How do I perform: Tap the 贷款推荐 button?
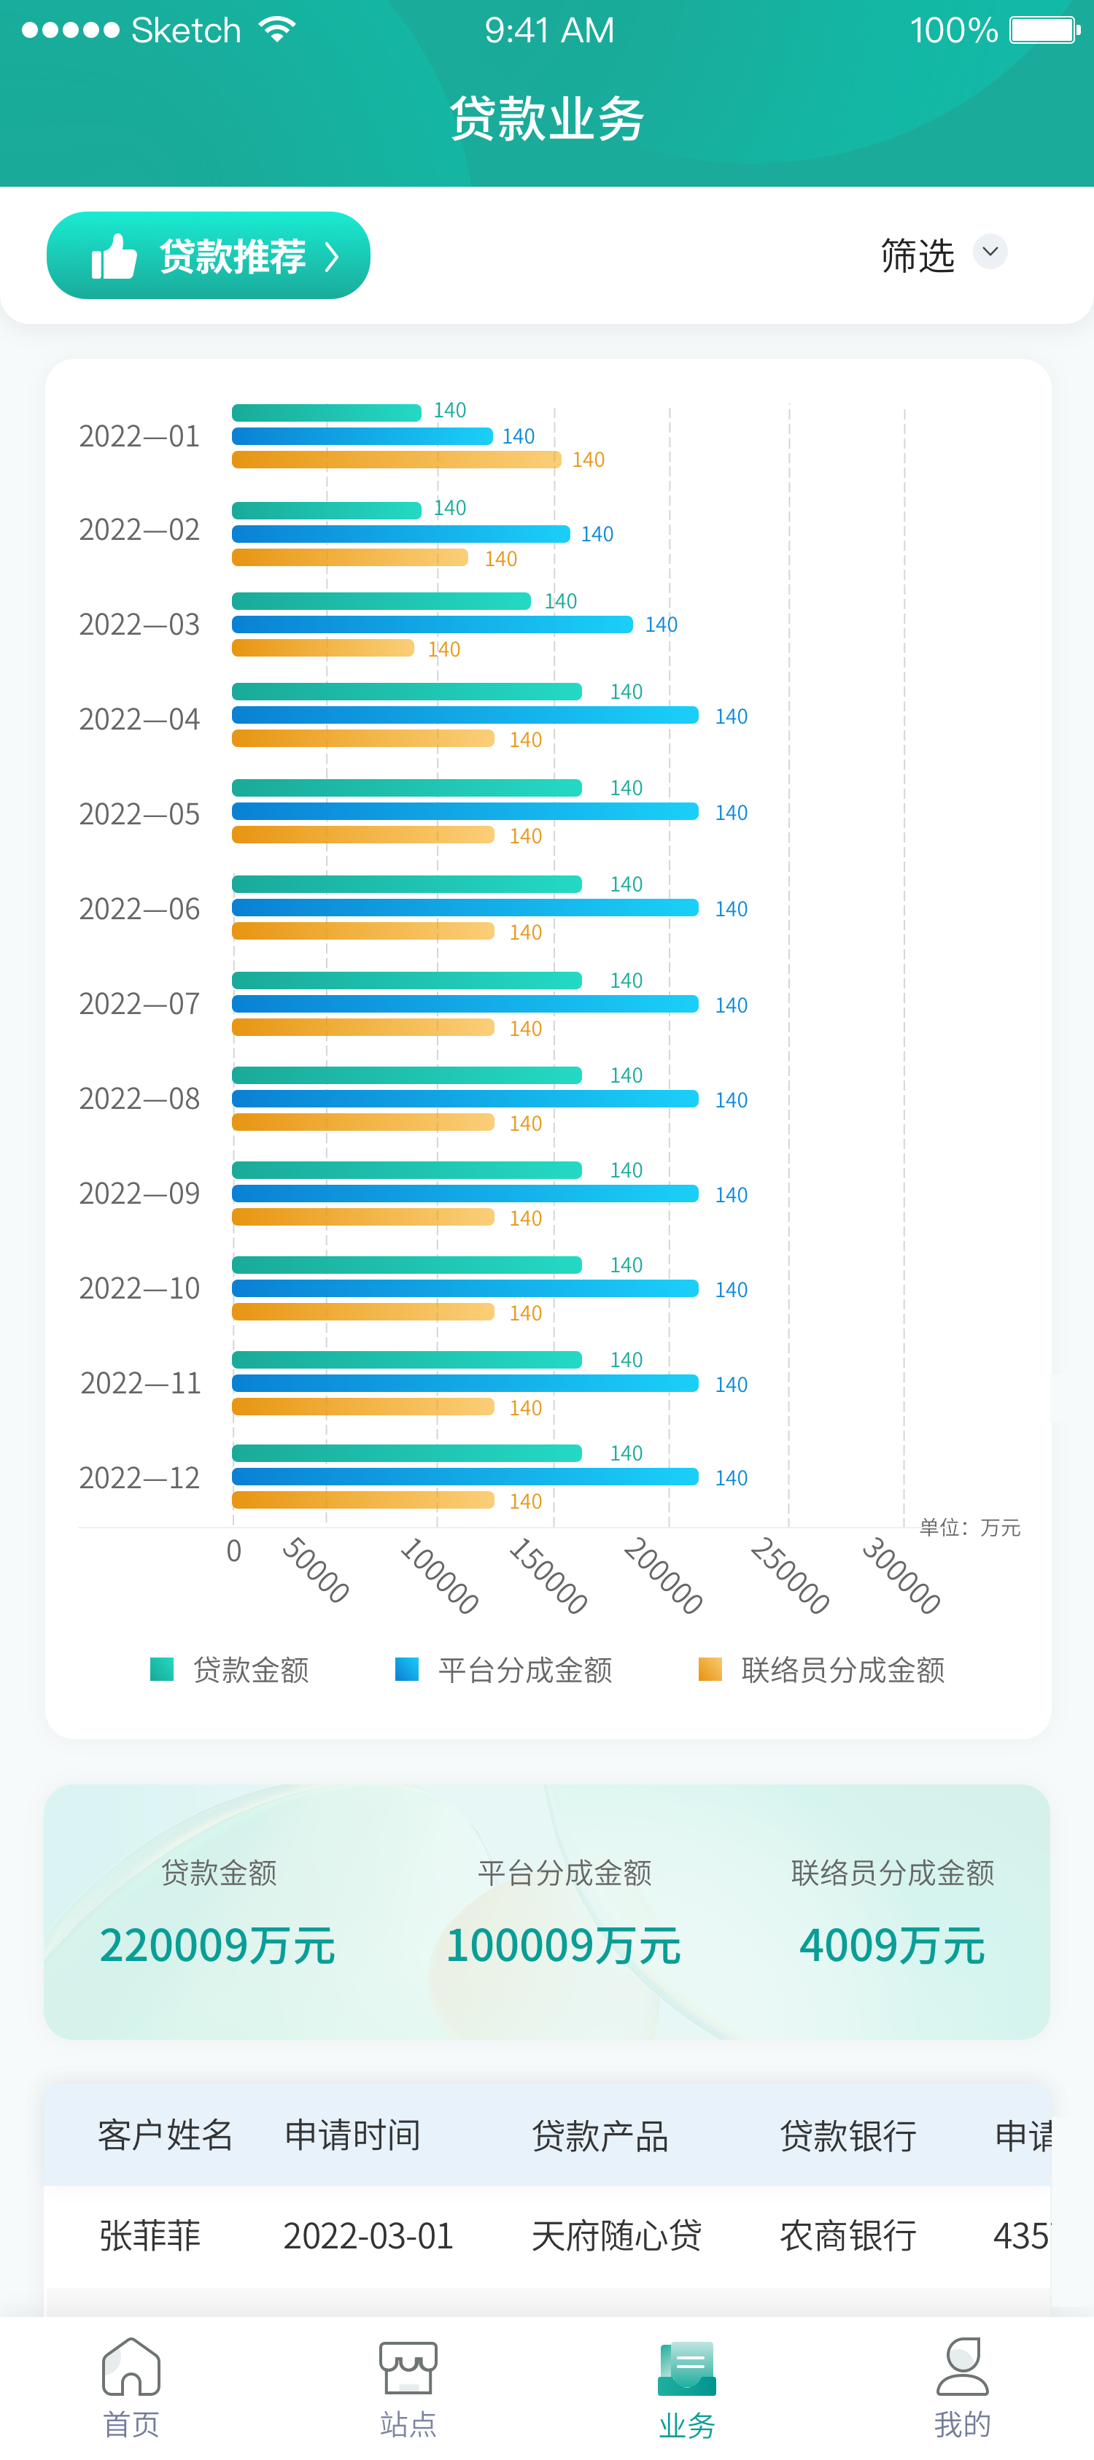(x=208, y=256)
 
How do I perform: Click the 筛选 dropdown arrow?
(x=990, y=252)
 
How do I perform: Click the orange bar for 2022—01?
(x=396, y=460)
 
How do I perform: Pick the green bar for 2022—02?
(x=327, y=510)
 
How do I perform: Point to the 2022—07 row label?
(x=139, y=1004)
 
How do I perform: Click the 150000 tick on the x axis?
(x=547, y=1575)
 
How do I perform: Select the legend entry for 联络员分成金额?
(x=822, y=1669)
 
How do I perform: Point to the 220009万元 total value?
(x=217, y=1945)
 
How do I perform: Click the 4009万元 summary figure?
(x=892, y=1945)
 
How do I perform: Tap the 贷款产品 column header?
(x=600, y=2135)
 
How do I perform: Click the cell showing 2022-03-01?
(x=368, y=2235)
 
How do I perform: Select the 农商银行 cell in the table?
(x=847, y=2235)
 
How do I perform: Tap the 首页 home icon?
(x=131, y=2367)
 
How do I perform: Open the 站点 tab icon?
(x=408, y=2367)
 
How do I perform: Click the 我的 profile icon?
(x=962, y=2367)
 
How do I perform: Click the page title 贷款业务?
(x=547, y=118)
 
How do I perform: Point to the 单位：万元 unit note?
(x=970, y=1528)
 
